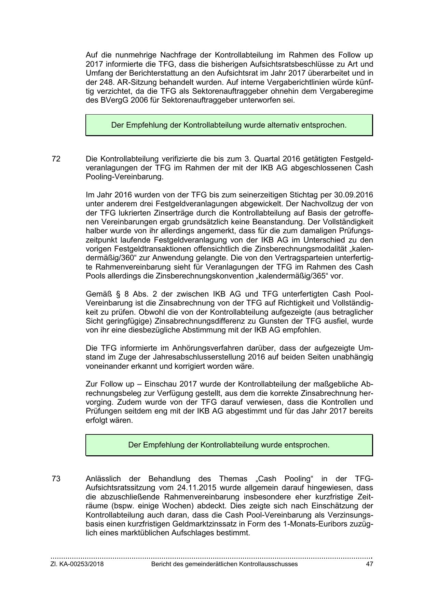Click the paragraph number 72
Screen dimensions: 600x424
[56, 159]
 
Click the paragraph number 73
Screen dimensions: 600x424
[56, 479]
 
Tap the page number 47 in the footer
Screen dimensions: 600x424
[369, 564]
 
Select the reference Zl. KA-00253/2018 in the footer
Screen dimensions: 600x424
[77, 564]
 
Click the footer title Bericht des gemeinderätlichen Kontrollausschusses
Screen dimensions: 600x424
[224, 564]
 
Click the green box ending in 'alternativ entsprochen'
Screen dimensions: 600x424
[229, 125]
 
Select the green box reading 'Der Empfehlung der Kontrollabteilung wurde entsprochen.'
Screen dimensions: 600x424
[229, 445]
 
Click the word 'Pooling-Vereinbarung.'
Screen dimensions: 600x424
[124, 177]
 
